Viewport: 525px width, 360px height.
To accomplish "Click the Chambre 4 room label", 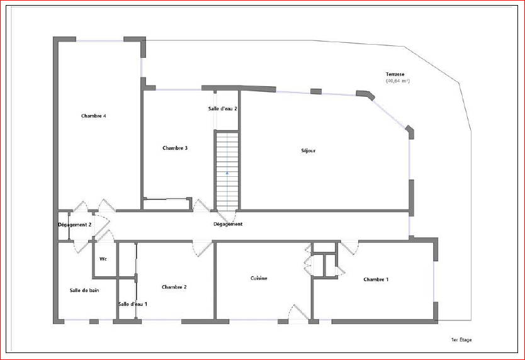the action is [94, 116].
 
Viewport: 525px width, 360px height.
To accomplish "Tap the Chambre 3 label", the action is [175, 148].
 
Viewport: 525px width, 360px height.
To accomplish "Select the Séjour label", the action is [308, 150].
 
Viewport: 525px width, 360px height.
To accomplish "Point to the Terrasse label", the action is [395, 74].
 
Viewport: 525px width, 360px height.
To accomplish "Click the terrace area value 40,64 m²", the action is [398, 81].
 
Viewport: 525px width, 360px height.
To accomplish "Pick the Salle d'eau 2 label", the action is [223, 108].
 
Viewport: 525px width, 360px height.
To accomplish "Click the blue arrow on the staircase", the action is [227, 173].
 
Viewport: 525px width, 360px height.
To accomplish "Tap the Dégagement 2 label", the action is [75, 225].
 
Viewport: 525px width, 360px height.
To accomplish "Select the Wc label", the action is [103, 259].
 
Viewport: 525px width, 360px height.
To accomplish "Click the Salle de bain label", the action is [84, 290].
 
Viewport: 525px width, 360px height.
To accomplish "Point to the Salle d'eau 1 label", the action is [133, 304].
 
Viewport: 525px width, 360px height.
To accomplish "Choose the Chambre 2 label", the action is [174, 287].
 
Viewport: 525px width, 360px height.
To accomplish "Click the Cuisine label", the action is [259, 278].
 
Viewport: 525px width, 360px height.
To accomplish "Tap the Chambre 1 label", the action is [376, 279].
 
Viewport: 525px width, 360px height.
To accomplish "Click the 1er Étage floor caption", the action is [461, 340].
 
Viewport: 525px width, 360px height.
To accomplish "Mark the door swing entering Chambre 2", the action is [202, 249].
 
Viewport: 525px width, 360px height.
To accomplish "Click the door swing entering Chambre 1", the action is [349, 248].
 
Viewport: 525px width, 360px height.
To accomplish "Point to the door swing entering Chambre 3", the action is [201, 205].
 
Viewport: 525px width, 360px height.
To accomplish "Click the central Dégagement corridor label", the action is [228, 224].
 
